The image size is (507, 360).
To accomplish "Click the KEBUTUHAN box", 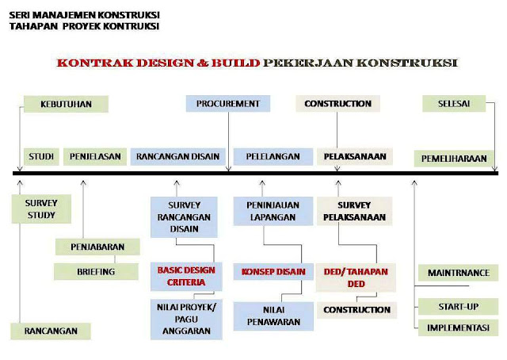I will coord(65,104).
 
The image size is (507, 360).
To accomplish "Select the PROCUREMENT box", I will coord(228,104).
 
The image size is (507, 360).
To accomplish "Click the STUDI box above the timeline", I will coord(40,156).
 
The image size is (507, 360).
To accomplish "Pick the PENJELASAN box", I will coord(95,156).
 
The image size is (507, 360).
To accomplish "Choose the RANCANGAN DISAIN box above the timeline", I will coord(178,156).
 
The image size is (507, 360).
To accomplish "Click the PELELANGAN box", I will coord(267,156).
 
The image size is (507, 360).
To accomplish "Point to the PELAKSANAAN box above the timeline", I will coord(355,156).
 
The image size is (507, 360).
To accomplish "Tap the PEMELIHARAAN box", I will coord(454,159).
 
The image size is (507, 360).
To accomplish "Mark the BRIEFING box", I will coord(97,271).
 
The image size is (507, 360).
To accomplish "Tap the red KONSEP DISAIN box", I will coord(273,272).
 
